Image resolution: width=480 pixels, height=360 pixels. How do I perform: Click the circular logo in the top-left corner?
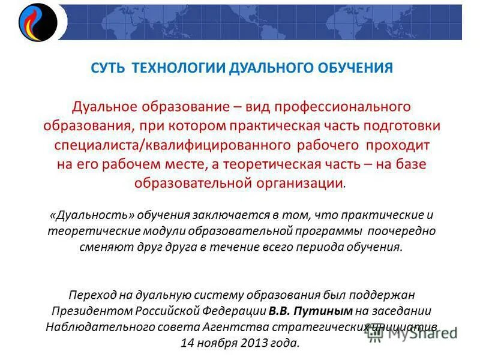37,23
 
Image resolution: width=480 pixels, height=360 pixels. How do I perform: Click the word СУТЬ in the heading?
107,68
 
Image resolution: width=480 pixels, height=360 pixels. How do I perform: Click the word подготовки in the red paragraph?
404,126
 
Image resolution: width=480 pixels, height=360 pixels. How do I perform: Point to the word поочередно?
401,231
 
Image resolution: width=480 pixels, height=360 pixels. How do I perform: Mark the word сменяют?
101,247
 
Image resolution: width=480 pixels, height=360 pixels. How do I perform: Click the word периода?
318,247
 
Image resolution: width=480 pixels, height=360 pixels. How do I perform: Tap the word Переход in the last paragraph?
91,295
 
